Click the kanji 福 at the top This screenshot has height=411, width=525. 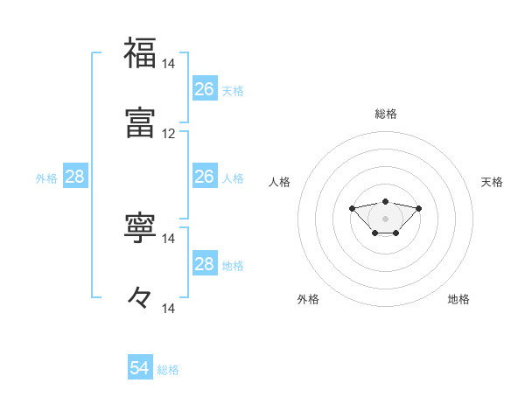coord(140,54)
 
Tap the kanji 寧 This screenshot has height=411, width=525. coord(140,228)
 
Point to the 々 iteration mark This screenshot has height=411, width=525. coord(140,298)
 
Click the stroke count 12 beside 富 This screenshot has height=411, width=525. coord(169,134)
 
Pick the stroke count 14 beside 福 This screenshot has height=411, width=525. coord(169,64)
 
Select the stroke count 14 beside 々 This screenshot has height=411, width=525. coord(169,309)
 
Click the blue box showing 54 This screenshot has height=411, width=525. coord(140,368)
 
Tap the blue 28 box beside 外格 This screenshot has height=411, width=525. coord(75,177)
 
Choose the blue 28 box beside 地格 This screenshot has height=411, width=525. coord(204,264)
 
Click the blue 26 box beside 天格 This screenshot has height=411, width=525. coord(204,89)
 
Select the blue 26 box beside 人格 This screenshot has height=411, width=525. coord(204,177)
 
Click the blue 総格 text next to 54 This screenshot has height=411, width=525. coord(168,370)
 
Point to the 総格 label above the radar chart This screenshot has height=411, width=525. coord(386,114)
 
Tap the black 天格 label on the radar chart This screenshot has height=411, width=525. coord(492,182)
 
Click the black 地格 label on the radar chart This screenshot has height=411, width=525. coord(458,299)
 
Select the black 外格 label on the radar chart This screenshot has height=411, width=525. coord(308,299)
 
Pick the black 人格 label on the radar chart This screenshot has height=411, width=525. coord(280,182)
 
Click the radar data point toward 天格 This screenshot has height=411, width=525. coord(419,208)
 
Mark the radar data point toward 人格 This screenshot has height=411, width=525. coord(352,208)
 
